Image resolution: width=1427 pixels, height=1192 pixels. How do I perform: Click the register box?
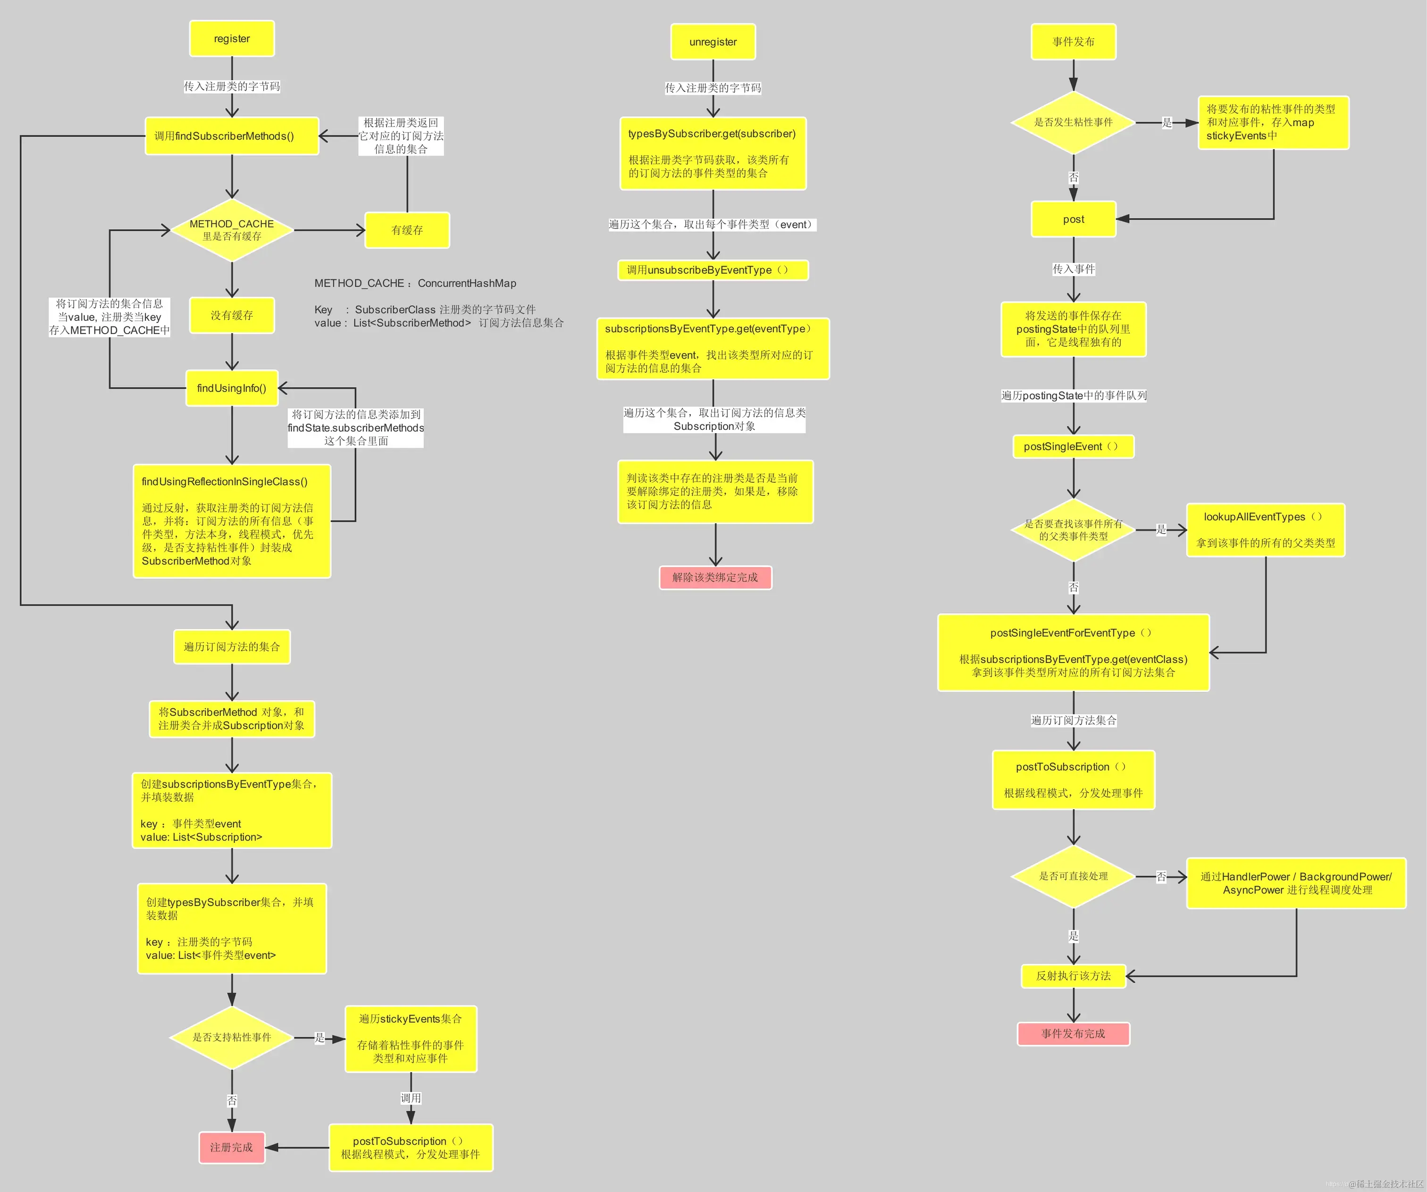pos(232,39)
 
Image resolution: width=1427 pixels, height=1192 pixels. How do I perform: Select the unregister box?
pos(713,42)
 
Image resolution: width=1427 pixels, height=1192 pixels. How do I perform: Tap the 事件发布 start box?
pos(1073,42)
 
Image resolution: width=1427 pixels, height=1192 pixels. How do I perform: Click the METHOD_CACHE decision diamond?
pos(232,230)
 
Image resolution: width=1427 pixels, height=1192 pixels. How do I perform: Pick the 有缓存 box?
pos(407,230)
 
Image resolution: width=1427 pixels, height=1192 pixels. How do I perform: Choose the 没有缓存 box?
pos(232,315)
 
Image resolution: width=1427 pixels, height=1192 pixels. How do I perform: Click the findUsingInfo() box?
pos(232,388)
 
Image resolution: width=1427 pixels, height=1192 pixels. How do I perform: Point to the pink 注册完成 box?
pos(232,1147)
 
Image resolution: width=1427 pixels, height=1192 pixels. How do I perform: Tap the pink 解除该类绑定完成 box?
pos(715,578)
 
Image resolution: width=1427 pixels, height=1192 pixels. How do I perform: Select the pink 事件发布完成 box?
pos(1073,1033)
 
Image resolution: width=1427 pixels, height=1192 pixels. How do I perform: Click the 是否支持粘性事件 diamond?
pos(232,1037)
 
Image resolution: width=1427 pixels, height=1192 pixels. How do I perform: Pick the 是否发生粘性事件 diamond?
pos(1073,122)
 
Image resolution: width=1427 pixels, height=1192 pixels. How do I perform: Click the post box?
pos(1073,219)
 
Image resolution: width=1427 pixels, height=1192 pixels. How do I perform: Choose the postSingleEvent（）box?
pos(1073,446)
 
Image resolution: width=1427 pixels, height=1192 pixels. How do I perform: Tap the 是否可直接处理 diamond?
pos(1073,876)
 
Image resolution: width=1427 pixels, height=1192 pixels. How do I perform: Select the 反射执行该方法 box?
pos(1073,976)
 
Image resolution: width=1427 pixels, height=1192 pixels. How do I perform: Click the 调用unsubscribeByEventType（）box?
pos(713,270)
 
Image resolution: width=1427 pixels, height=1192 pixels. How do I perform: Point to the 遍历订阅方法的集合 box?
pos(232,647)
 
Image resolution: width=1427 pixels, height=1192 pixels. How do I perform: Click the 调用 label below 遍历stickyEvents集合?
pos(411,1098)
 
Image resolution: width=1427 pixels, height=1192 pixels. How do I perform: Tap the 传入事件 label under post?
pos(1073,269)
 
